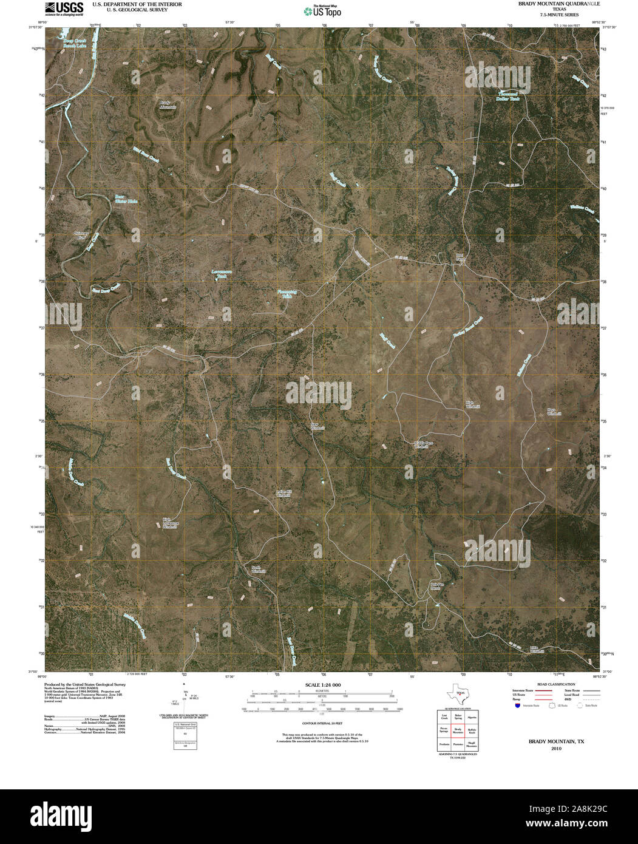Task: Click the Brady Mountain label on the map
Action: [168, 104]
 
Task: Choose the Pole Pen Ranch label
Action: [439, 587]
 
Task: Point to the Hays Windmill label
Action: [551, 411]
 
